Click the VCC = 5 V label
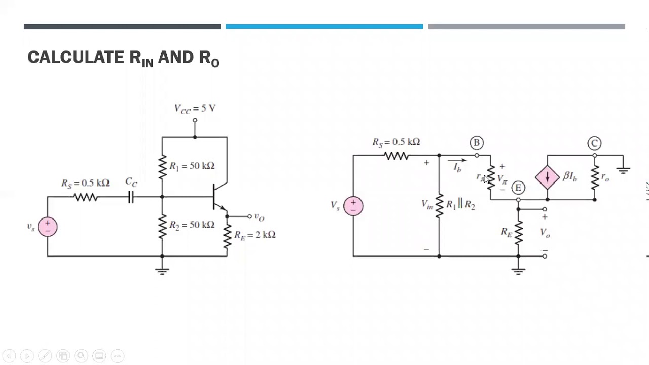(195, 108)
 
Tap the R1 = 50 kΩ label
(192, 166)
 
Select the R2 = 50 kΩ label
(192, 225)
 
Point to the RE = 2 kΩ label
(255, 235)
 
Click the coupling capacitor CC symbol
(131, 197)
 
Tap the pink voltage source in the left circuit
(47, 226)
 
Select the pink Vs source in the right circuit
(353, 206)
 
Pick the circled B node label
(476, 143)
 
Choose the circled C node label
(594, 143)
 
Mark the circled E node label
(518, 188)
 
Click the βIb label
(570, 177)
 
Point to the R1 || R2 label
(460, 204)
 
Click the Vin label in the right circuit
(427, 204)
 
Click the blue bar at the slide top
(324, 27)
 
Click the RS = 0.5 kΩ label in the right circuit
(396, 142)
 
